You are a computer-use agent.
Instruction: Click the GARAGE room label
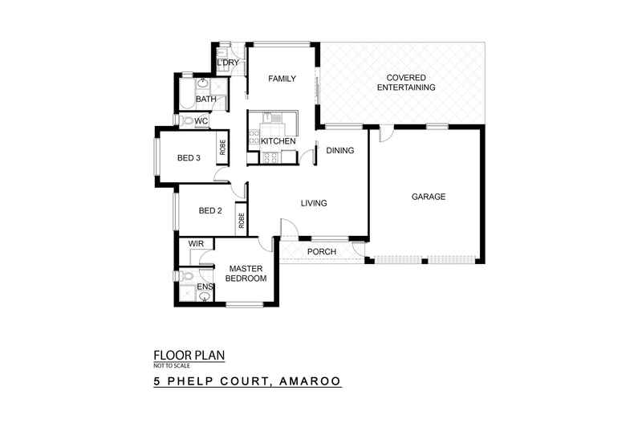(429, 197)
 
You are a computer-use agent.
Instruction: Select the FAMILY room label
(282, 79)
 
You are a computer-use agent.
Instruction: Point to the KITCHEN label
(278, 142)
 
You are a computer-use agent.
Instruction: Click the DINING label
(339, 150)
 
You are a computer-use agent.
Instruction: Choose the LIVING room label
(314, 203)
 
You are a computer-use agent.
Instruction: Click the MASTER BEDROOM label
(247, 273)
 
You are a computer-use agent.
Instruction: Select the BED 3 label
(189, 158)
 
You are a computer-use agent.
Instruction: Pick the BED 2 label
(210, 211)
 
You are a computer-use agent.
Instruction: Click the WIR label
(195, 243)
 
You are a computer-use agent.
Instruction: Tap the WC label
(202, 121)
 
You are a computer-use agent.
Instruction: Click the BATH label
(206, 100)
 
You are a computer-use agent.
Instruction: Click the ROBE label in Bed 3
(222, 148)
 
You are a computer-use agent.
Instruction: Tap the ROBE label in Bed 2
(240, 217)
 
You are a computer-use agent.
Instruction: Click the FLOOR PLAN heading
(189, 353)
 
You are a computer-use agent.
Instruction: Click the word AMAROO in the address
(310, 382)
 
